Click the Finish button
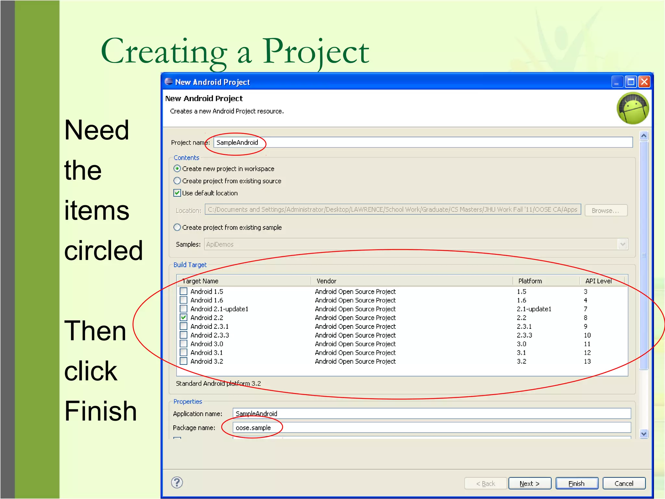[x=576, y=483]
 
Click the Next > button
[x=529, y=483]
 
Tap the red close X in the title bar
[x=644, y=82]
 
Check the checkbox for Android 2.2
[x=184, y=317]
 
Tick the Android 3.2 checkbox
[x=184, y=361]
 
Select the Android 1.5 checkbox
[x=184, y=291]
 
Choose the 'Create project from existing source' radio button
[x=177, y=181]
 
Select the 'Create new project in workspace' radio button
[x=177, y=169]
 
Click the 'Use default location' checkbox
[x=177, y=193]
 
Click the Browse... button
[x=606, y=211]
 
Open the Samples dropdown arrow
[x=622, y=244]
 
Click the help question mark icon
[x=177, y=482]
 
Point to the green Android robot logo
[x=633, y=109]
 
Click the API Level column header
[x=598, y=281]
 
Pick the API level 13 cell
[x=587, y=361]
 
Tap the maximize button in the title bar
[x=631, y=82]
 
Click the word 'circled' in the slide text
[x=104, y=250]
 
